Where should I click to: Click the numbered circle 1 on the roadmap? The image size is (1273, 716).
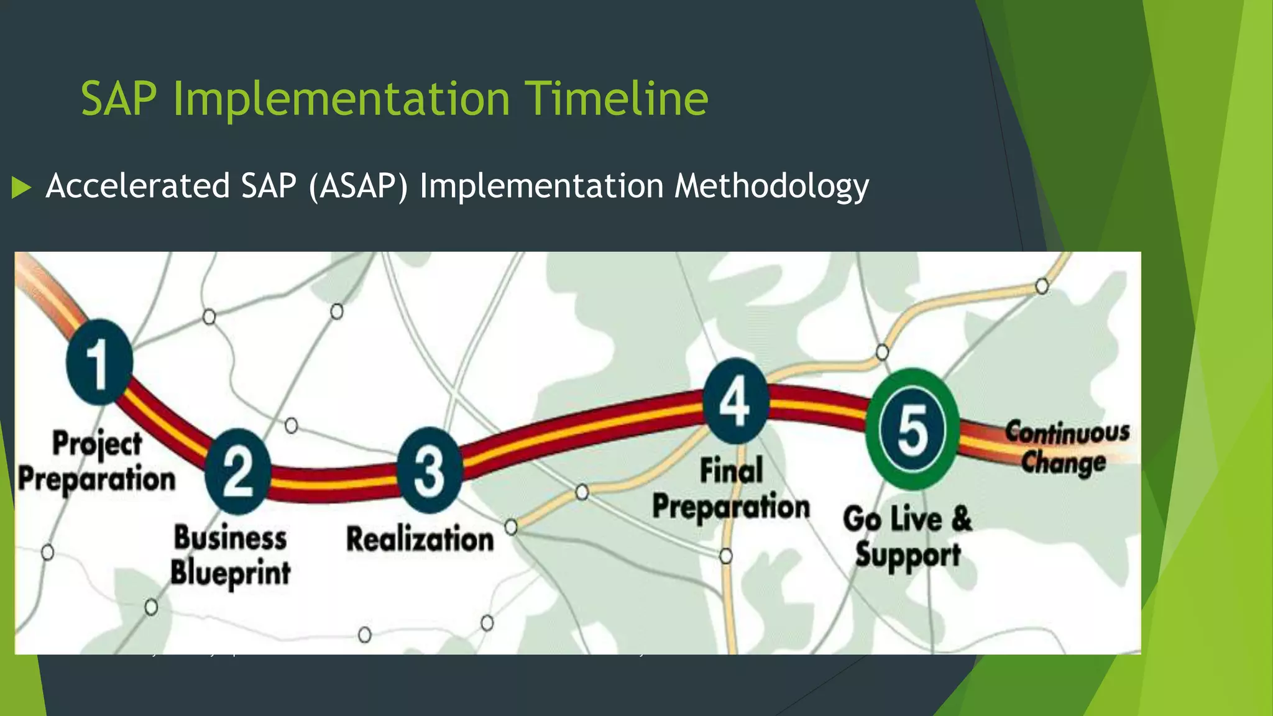(x=99, y=362)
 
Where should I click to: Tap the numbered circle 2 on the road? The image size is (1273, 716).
(x=238, y=472)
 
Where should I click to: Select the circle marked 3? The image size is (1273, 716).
(x=430, y=470)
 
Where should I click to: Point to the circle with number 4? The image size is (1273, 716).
(x=735, y=401)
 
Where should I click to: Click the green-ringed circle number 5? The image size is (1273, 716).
(x=912, y=430)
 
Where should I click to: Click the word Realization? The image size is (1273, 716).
(x=420, y=539)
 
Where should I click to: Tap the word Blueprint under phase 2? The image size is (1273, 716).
(x=231, y=572)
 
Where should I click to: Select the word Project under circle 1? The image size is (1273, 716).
(x=97, y=444)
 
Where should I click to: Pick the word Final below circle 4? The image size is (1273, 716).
(x=731, y=470)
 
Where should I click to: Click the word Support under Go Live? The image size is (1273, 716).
(x=908, y=555)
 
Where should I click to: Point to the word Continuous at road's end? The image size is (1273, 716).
(x=1067, y=432)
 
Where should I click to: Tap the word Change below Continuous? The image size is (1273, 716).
(x=1064, y=463)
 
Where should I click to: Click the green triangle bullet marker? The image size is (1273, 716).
(x=21, y=187)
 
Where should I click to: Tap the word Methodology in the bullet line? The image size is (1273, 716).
(x=771, y=186)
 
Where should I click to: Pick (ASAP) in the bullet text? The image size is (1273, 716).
(x=358, y=186)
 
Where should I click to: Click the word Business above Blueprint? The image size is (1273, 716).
(x=230, y=538)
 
